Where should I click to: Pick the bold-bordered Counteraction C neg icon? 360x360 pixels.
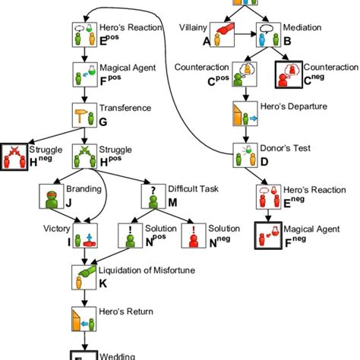coord(289,76)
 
